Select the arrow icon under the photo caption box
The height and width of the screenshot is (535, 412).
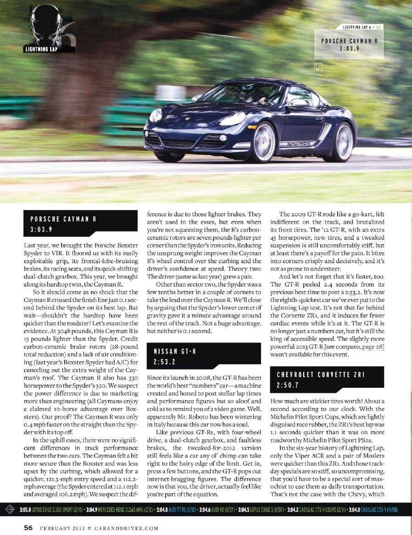click(319, 66)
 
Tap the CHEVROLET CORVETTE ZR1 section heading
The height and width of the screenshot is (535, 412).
click(320, 375)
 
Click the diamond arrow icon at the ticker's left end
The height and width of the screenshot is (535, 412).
click(9, 510)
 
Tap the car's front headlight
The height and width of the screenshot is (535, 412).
click(156, 115)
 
